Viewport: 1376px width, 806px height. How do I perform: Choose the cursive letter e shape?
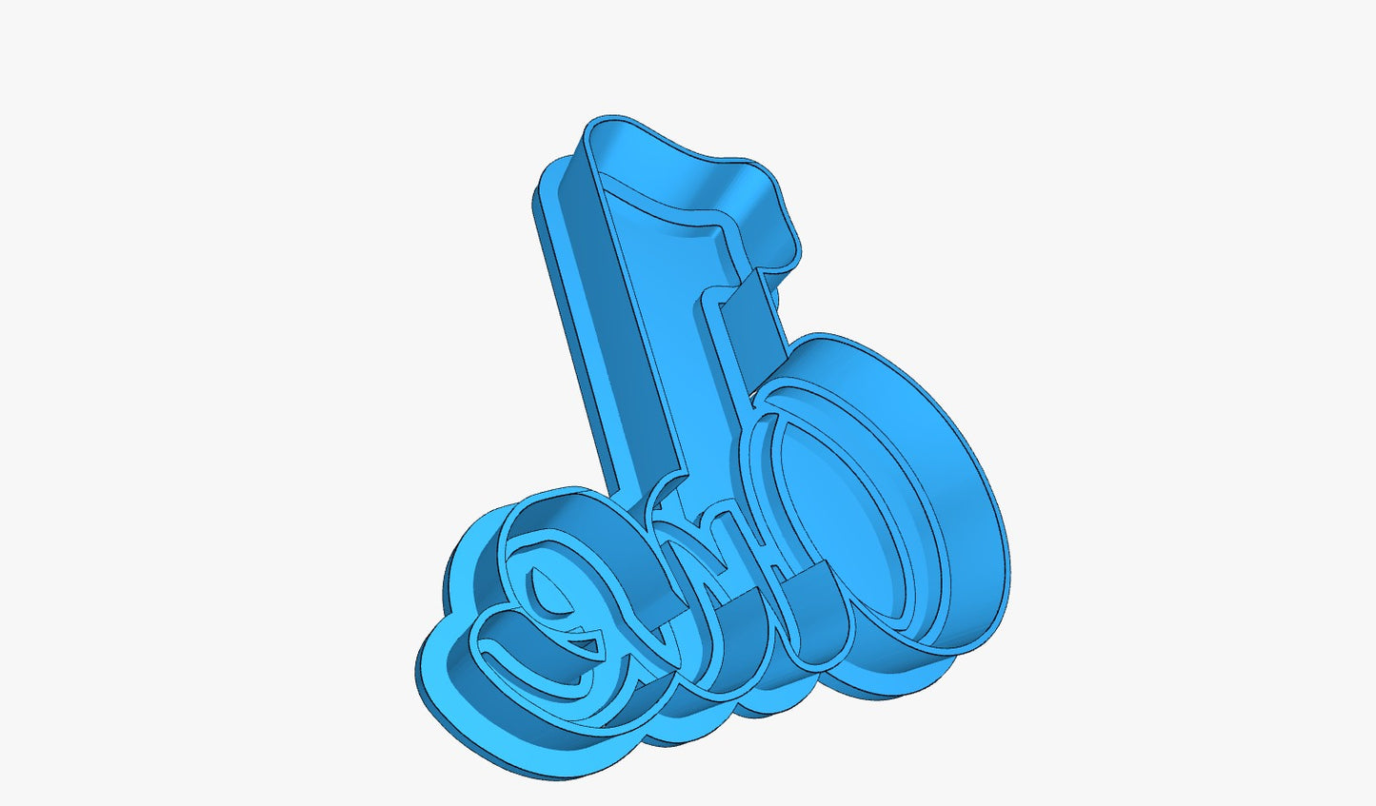pyautogui.click(x=552, y=609)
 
